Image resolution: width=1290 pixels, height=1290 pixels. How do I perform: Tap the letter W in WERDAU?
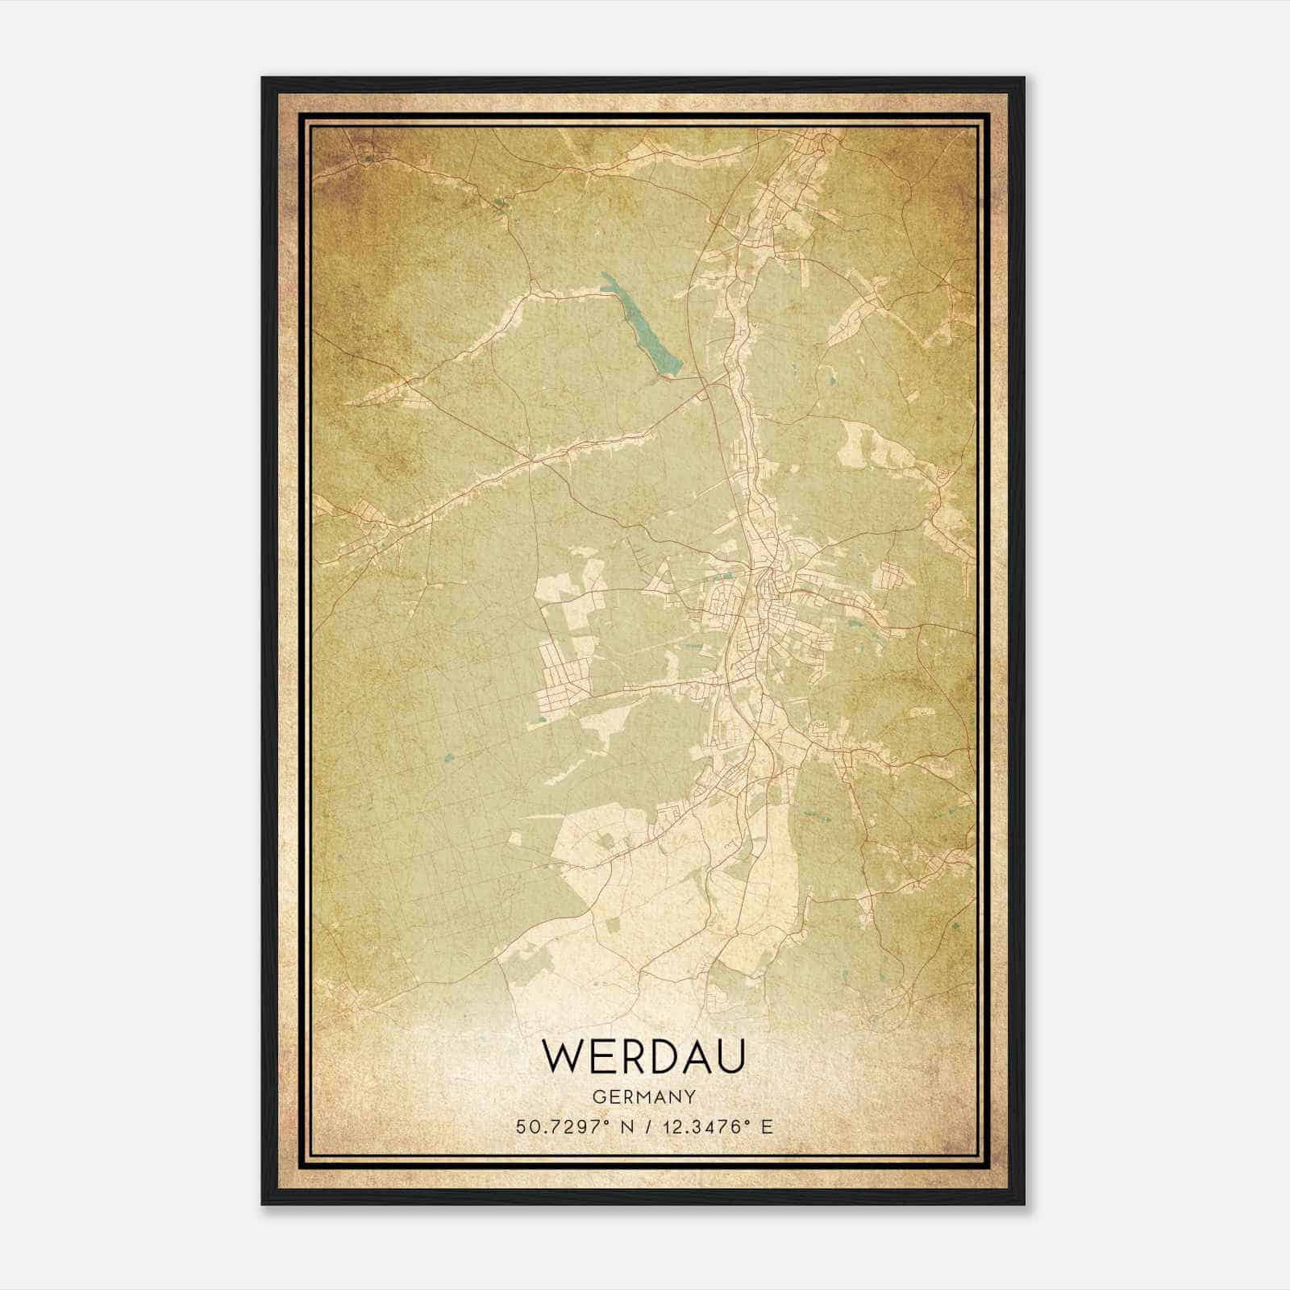pos(564,1057)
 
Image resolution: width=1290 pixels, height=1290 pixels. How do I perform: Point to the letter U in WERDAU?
pos(730,1057)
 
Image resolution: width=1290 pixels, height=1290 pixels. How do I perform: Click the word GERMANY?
pos(643,1096)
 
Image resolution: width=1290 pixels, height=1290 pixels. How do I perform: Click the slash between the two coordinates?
pos(647,1127)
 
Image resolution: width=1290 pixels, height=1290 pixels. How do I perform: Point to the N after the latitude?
pos(627,1127)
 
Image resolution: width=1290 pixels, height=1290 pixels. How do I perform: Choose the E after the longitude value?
pos(767,1127)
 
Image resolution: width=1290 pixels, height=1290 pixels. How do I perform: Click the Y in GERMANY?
pos(689,1096)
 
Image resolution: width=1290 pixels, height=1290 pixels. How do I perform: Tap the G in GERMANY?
pos(597,1096)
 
